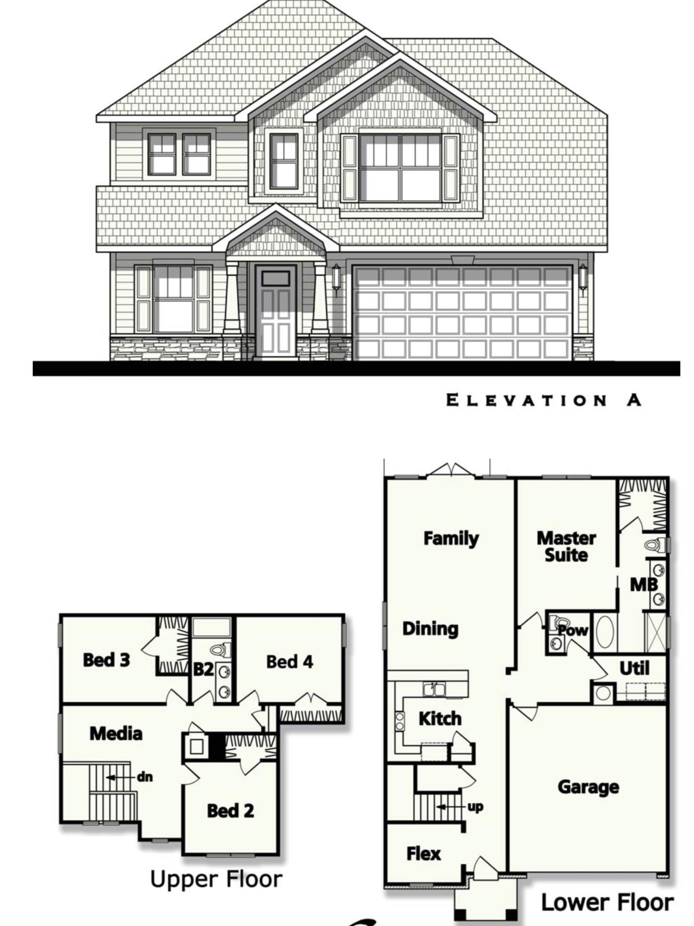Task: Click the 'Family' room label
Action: point(451,538)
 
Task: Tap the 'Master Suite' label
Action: point(566,547)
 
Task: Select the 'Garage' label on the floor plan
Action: point(588,787)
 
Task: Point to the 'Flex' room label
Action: point(423,853)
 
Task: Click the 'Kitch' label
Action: point(440,719)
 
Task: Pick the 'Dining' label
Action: point(430,629)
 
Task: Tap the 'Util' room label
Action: point(634,668)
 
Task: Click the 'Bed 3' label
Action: point(106,660)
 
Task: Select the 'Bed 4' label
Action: point(289,662)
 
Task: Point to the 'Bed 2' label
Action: point(230,811)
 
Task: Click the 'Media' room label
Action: point(116,733)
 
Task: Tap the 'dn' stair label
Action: point(145,777)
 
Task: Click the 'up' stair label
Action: point(475,807)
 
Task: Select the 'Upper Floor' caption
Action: point(216,879)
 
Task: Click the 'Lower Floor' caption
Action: point(607,902)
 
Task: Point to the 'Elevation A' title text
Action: point(544,400)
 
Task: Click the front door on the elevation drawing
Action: point(276,311)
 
